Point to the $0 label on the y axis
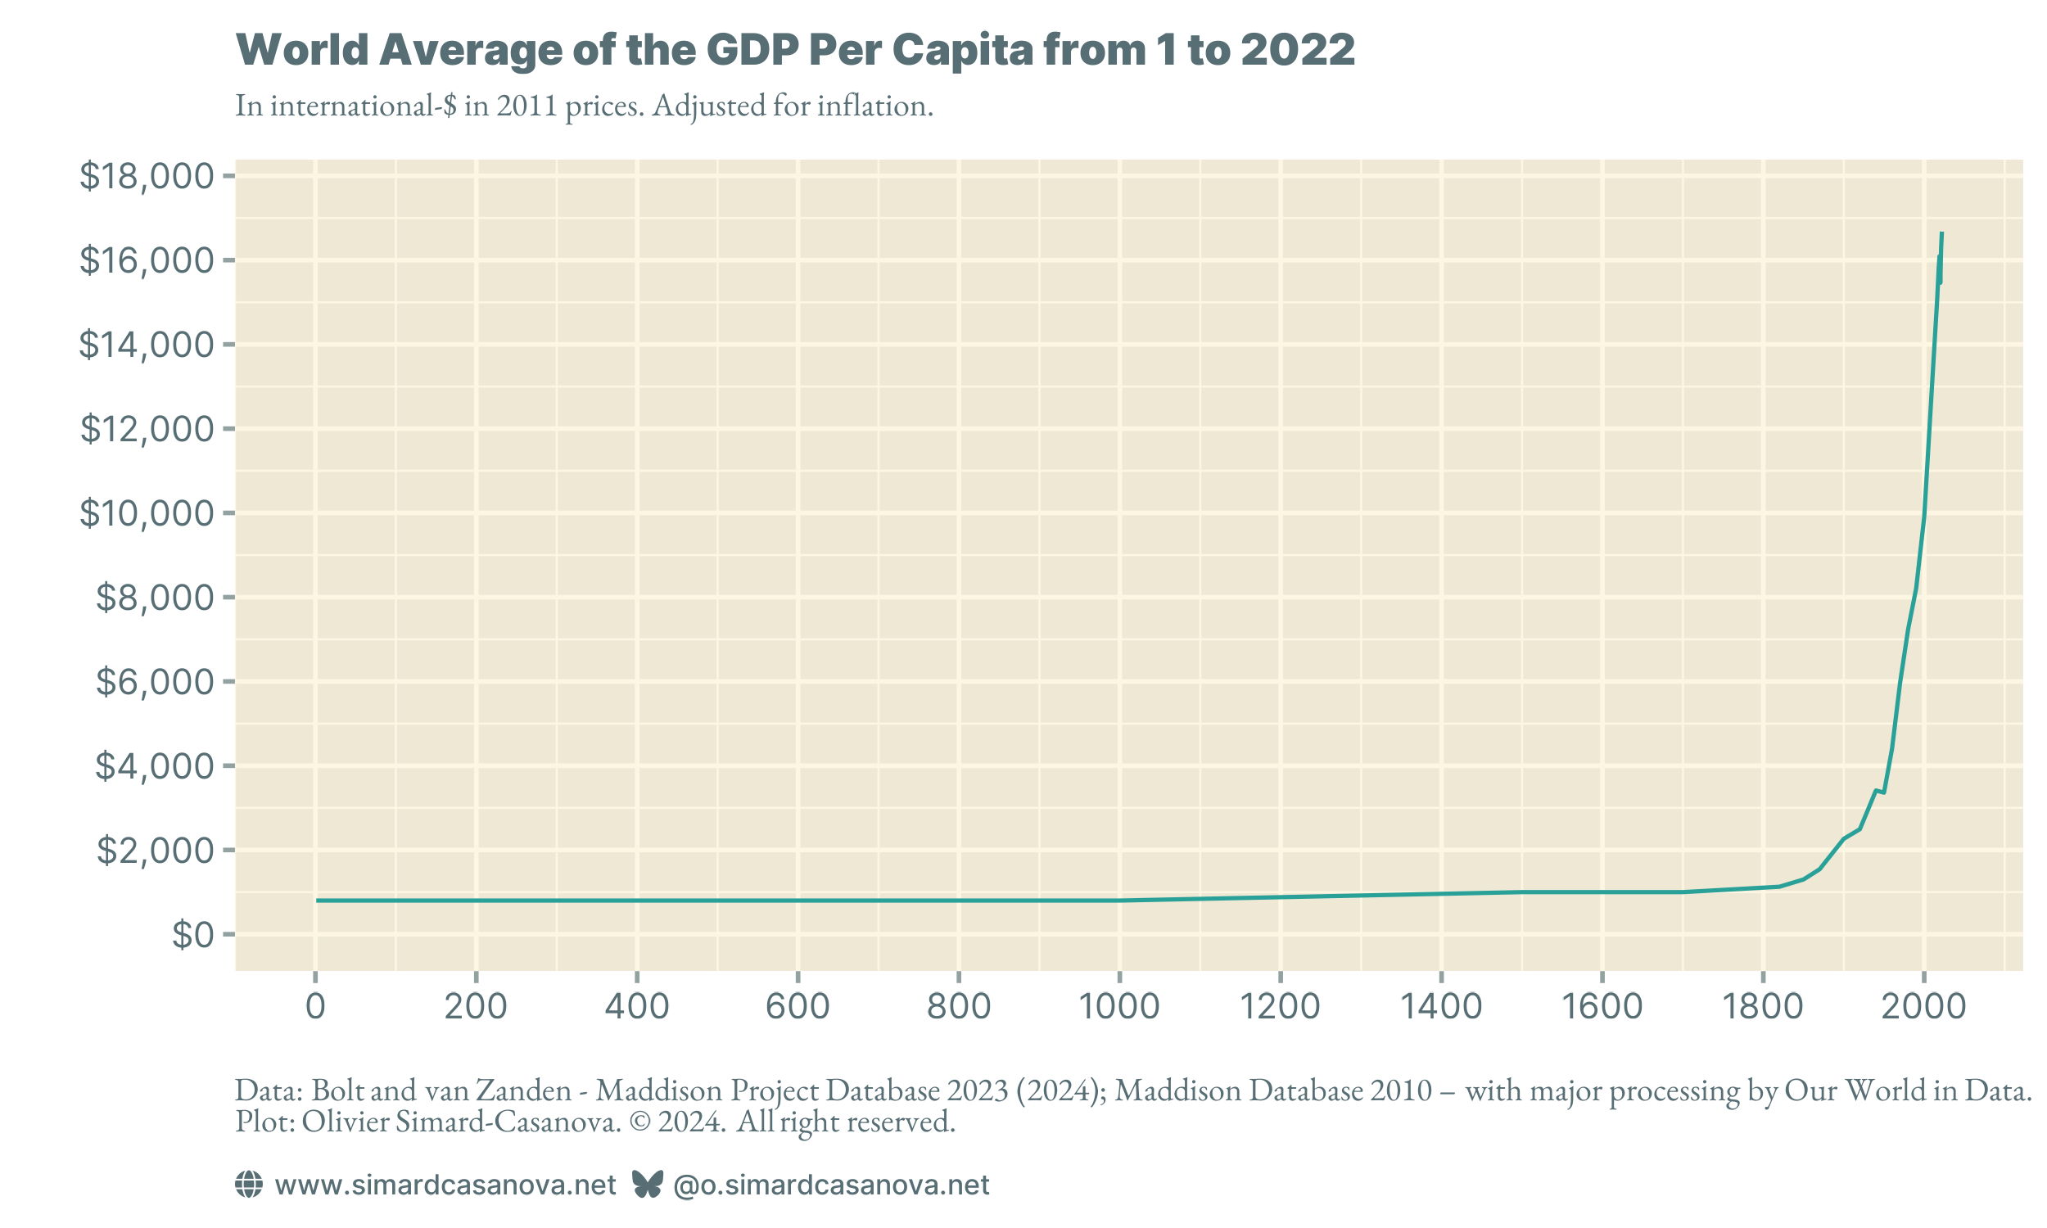tap(192, 935)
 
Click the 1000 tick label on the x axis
tap(1118, 1007)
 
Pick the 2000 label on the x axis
tap(1923, 1007)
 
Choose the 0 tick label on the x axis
tap(315, 1007)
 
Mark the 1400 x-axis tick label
tap(1440, 1007)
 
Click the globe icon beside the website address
tap(249, 1185)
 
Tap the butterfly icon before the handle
tap(647, 1185)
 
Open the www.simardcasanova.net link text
tap(445, 1185)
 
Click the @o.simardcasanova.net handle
tap(831, 1185)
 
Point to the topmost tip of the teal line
tap(1941, 234)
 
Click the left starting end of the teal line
tap(317, 901)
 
